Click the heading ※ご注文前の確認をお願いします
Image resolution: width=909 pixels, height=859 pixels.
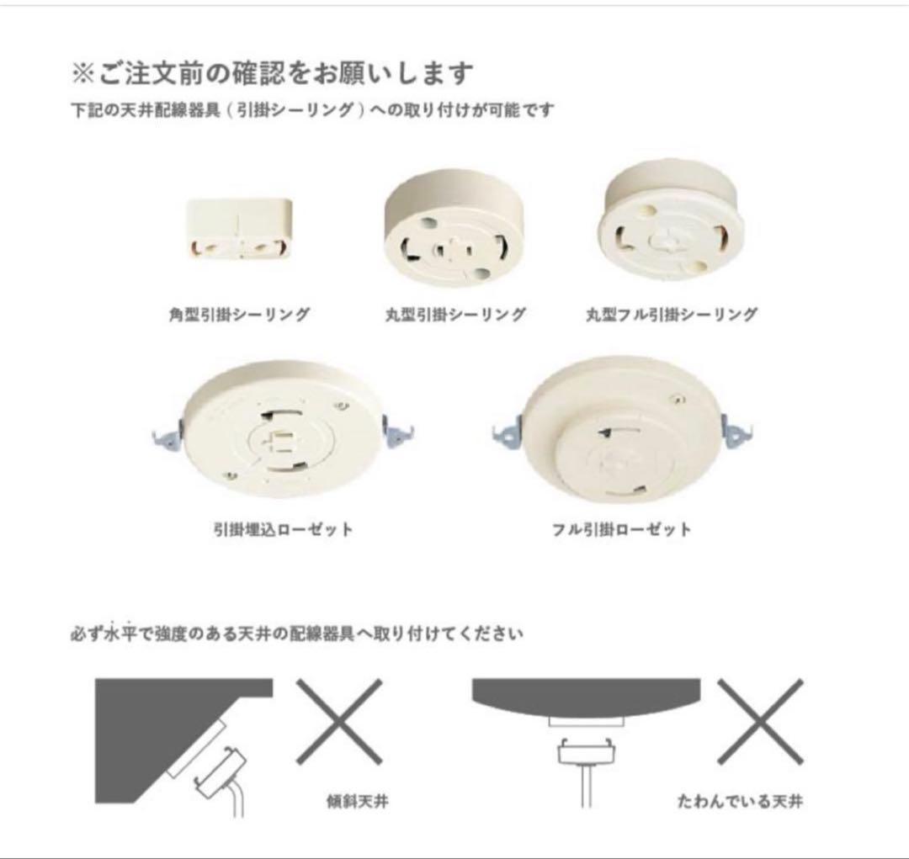point(273,73)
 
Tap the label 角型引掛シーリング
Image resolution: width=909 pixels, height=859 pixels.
point(239,315)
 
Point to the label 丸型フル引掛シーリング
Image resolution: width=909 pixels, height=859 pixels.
point(671,315)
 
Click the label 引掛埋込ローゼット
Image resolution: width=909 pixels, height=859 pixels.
point(283,530)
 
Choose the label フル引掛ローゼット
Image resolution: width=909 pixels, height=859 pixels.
point(622,530)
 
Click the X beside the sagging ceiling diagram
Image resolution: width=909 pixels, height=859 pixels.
point(759,722)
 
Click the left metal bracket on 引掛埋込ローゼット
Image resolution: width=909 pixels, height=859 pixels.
point(165,435)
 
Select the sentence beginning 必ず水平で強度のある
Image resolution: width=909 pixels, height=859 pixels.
point(296,634)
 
